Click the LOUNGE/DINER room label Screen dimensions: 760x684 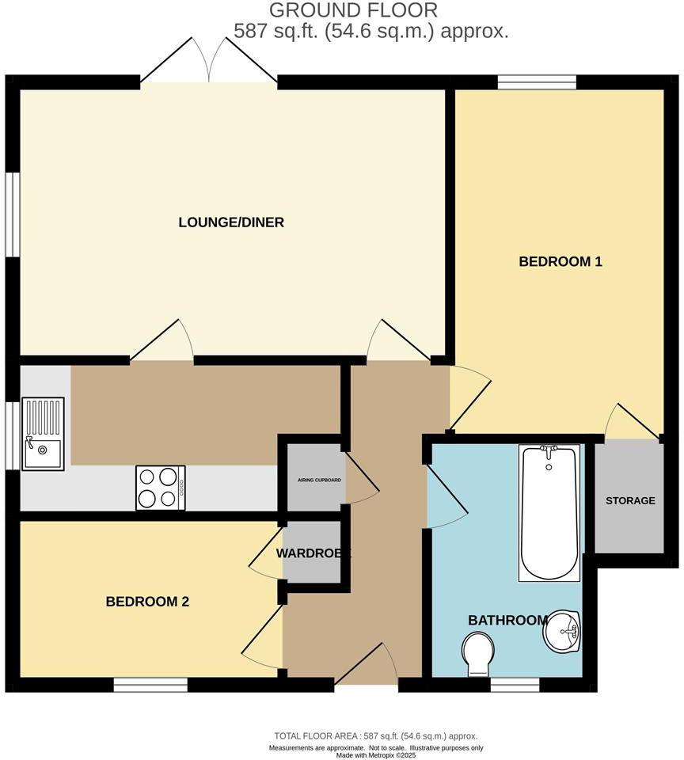point(230,222)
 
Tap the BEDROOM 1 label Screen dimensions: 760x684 point(560,261)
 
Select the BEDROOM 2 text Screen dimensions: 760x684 point(147,602)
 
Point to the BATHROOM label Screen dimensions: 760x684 point(507,620)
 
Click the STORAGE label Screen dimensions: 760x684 point(630,500)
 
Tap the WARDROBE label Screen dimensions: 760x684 point(313,553)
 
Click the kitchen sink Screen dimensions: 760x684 point(43,435)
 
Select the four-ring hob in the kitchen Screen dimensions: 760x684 point(161,487)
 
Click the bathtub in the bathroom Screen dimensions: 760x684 point(549,512)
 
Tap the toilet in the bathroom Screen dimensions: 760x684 point(478,656)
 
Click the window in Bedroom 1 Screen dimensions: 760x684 point(537,82)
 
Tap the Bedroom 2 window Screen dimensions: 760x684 point(150,685)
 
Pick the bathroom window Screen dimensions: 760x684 point(515,685)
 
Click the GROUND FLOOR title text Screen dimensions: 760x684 point(353,10)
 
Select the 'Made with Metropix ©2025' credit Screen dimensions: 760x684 point(376,755)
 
